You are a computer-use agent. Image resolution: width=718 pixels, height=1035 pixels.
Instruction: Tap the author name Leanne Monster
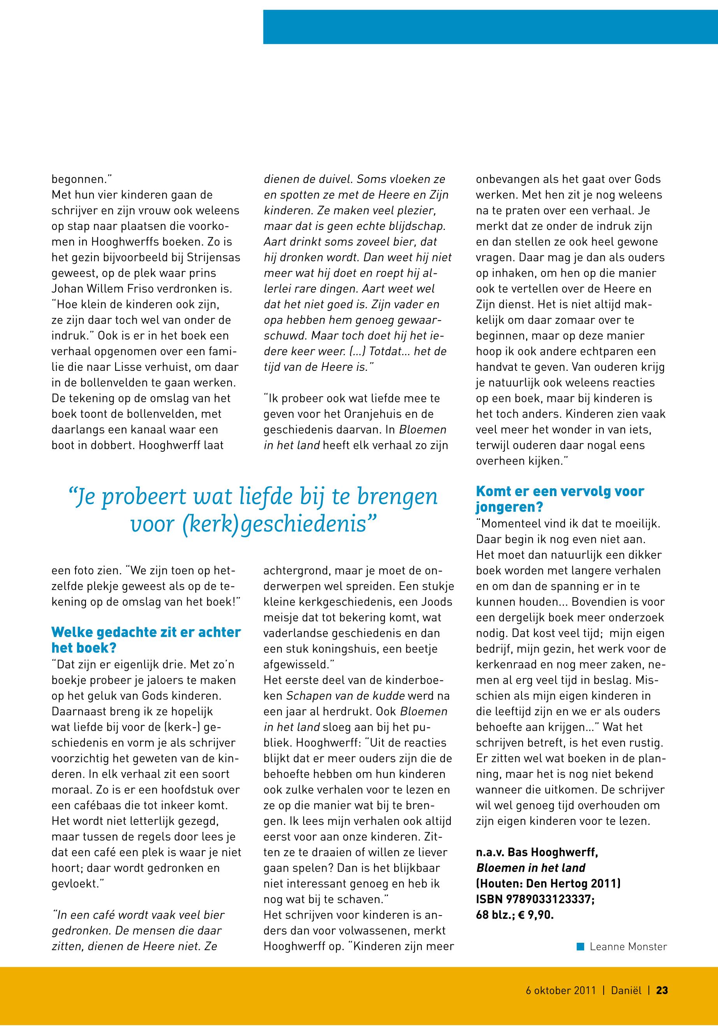tap(628, 947)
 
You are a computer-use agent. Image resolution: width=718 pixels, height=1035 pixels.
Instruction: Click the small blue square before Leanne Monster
tap(580, 946)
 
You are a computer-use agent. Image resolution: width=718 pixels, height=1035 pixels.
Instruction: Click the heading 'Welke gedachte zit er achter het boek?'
tap(146, 640)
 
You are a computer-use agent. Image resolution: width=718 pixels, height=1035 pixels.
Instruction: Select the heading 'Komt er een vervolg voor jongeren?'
tap(560, 499)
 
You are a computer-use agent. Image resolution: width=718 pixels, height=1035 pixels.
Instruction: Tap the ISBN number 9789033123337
tap(554, 899)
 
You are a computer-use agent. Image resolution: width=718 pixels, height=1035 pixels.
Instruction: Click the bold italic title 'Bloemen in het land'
tap(531, 868)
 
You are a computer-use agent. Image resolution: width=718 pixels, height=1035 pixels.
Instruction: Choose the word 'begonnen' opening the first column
tap(79, 179)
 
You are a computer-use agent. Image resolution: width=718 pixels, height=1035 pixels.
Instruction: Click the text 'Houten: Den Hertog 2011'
tap(548, 884)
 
